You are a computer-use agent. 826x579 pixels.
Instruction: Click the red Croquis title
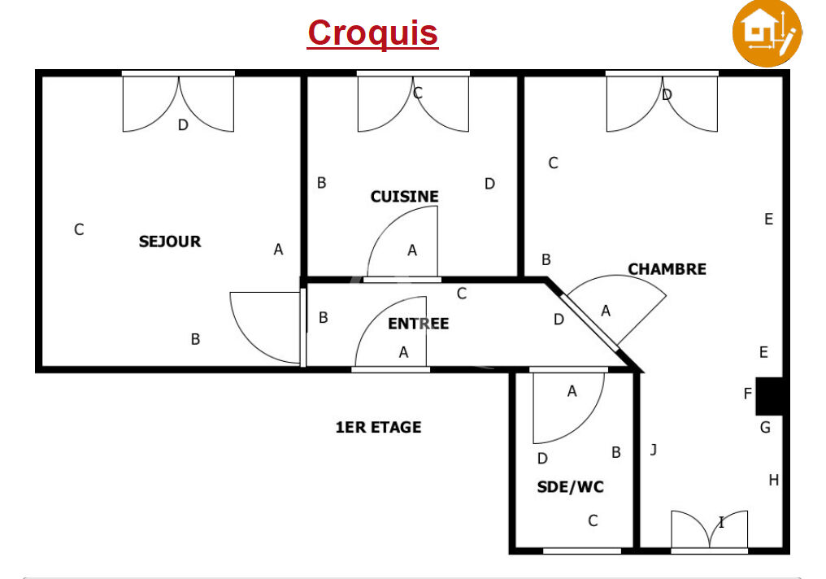tap(372, 33)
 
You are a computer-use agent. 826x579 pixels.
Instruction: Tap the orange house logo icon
tap(767, 33)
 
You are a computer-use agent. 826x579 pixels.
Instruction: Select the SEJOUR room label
tap(170, 242)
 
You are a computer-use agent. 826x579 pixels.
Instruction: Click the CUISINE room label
tap(405, 197)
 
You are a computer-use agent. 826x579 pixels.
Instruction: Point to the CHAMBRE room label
tap(667, 269)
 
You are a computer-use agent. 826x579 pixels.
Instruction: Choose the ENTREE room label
tap(418, 324)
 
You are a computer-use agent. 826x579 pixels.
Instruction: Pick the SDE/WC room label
tap(570, 487)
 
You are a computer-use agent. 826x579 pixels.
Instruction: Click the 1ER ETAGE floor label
tap(378, 427)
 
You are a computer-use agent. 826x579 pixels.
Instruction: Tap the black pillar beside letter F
tap(769, 396)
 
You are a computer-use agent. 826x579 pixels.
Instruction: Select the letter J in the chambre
tap(653, 450)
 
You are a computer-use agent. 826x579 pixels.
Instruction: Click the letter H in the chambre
tap(773, 480)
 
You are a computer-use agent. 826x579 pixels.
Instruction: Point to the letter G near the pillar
tap(765, 427)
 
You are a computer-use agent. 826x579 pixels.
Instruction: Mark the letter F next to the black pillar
tap(747, 394)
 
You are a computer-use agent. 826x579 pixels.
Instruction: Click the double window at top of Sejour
tap(178, 102)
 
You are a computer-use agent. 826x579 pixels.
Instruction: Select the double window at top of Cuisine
tap(413, 102)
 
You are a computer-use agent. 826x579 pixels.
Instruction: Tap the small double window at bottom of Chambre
tap(709, 531)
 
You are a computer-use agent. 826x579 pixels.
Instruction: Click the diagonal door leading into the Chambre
tap(590, 322)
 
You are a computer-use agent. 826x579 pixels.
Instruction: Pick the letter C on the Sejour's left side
tap(79, 229)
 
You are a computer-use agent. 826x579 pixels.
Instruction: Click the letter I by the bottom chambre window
tap(721, 523)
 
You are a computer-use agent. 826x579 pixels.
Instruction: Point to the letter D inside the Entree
tap(559, 320)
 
